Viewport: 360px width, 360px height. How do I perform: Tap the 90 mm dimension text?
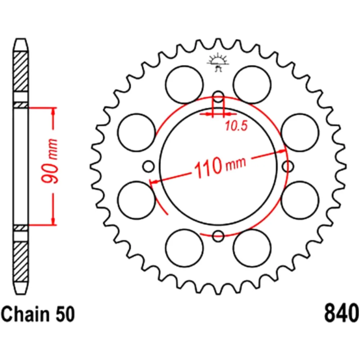[51, 166]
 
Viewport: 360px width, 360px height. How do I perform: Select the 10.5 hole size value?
[236, 126]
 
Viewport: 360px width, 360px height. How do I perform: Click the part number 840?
[342, 314]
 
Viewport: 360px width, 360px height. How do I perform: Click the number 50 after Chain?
[65, 314]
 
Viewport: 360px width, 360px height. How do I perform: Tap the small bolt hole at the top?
[218, 96]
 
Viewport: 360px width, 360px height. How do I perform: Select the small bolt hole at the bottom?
[218, 236]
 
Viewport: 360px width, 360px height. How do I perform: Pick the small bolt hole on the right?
[288, 166]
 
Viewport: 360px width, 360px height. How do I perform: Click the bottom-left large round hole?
[184, 248]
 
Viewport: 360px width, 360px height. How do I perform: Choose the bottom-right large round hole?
[252, 248]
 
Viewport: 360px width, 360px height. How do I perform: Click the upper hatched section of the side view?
[21, 72]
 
